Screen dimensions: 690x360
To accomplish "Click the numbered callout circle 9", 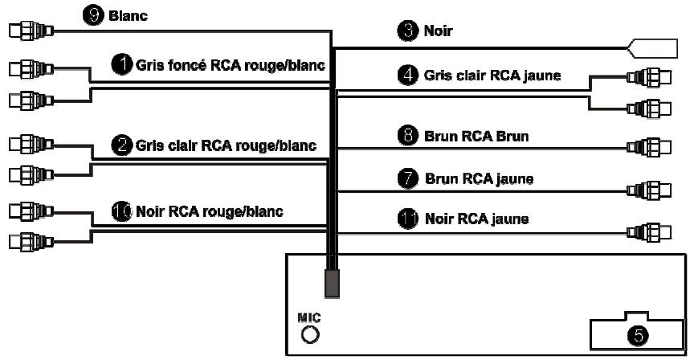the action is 93,15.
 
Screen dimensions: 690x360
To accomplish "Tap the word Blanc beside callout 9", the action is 128,16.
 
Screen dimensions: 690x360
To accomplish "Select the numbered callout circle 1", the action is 122,64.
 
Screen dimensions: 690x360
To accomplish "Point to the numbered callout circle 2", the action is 122,145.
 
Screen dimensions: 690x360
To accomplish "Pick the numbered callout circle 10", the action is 122,211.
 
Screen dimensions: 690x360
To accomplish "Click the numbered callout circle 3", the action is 408,31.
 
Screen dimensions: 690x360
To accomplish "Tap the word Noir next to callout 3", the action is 439,31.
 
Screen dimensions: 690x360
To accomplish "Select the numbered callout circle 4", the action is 408,75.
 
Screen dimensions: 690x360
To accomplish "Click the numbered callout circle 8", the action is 408,136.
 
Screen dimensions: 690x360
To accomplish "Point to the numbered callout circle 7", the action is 408,178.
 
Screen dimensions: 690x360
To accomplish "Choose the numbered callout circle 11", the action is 408,219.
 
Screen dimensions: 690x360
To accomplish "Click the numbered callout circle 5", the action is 638,336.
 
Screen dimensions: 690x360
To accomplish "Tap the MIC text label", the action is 309,317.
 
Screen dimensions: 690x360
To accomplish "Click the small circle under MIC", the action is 310,335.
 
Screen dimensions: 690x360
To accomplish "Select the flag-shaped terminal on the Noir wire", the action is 652,48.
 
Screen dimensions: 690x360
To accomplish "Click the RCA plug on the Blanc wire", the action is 31,31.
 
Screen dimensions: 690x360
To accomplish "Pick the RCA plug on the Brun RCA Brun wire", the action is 649,147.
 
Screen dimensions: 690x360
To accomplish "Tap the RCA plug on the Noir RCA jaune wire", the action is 649,232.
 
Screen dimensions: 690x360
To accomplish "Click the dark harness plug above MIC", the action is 333,283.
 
